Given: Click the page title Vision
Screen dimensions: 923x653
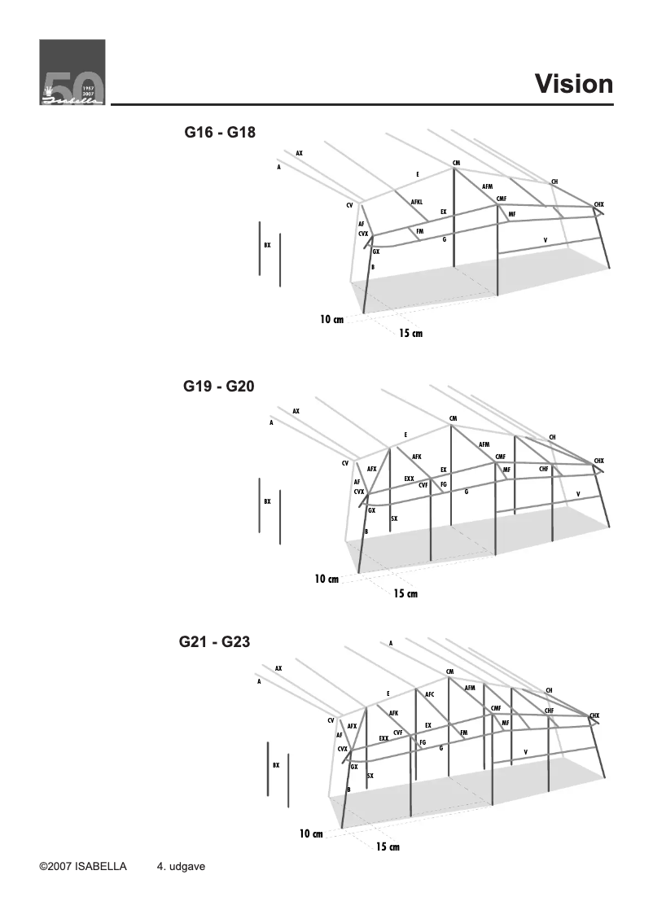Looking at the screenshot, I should tap(573, 84).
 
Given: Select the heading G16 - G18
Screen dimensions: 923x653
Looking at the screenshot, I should tap(220, 132).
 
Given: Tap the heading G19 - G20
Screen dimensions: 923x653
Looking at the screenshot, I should tap(219, 387).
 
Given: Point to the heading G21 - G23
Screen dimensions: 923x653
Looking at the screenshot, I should tap(214, 641).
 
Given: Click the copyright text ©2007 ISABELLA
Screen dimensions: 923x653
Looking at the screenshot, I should tap(83, 867).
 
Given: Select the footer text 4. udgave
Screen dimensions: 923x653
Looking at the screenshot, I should tap(180, 867).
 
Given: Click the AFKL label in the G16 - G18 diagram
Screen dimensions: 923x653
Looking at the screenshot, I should tap(416, 201).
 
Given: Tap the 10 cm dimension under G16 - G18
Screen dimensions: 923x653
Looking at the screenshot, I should tap(331, 321).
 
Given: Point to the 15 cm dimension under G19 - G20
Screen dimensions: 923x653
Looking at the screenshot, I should tap(405, 593).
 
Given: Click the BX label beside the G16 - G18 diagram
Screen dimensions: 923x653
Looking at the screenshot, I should tap(267, 244).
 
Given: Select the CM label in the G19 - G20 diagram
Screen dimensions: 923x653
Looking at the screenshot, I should tap(453, 418).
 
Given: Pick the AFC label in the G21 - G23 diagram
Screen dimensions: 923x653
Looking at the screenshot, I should tap(430, 694).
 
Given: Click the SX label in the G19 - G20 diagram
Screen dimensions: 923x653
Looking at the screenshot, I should tap(394, 518).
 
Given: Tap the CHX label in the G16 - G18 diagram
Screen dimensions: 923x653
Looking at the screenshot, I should tap(598, 203).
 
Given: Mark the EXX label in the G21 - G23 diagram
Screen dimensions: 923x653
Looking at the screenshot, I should tap(383, 738).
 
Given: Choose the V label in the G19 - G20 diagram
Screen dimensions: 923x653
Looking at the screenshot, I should tap(578, 494).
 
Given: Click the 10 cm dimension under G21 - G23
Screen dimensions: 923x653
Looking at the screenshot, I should tap(311, 833).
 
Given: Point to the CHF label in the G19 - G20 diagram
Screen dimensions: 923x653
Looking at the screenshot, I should tap(544, 469).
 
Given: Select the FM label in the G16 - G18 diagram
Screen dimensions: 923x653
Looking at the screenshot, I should tap(419, 232).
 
